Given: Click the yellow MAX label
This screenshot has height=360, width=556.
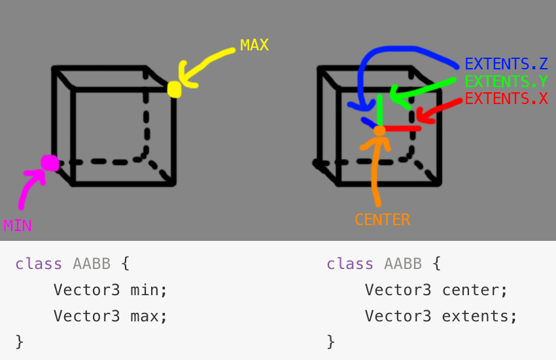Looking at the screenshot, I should coord(254,45).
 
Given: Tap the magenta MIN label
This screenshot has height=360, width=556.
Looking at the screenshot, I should coord(17,226).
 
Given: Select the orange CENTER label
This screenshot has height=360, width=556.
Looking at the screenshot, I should coord(382,219).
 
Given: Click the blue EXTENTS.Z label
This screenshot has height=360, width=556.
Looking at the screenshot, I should coord(506,64).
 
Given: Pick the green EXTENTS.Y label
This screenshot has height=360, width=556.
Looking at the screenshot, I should coord(506,82).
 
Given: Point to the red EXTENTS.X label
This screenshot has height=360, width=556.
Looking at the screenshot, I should coord(506,99).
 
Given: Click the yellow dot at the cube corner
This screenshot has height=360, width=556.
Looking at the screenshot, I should coord(174,89).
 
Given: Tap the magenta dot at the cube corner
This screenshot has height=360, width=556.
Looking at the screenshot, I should coord(49,162).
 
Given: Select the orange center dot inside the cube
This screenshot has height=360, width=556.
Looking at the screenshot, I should coord(379,131).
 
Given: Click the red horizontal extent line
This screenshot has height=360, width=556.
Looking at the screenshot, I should coord(400,128).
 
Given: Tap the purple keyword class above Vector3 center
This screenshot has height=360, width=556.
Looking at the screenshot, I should coord(350,264).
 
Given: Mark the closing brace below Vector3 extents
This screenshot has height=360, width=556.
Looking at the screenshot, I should coord(330,341).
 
